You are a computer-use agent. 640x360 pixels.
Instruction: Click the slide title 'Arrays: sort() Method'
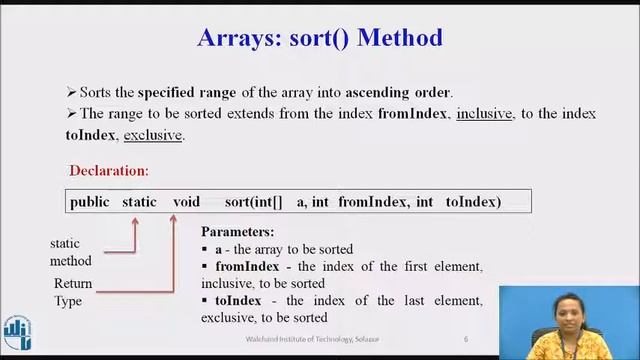320,39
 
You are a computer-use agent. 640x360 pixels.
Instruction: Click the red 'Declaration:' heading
109,171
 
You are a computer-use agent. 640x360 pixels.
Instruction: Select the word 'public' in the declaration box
90,202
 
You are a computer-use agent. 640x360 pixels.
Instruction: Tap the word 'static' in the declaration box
139,202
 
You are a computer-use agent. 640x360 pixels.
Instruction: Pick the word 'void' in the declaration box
186,202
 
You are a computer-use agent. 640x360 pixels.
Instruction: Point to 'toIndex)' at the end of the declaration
473,202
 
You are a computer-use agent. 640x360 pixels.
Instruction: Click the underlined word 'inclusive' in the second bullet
484,114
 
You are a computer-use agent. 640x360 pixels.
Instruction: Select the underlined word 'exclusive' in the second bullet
153,135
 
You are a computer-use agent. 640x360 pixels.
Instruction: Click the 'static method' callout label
71,252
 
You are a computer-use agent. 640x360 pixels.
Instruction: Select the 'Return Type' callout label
73,292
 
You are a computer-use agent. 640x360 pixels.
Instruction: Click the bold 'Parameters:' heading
238,232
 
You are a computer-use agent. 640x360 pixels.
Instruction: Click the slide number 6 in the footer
466,340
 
